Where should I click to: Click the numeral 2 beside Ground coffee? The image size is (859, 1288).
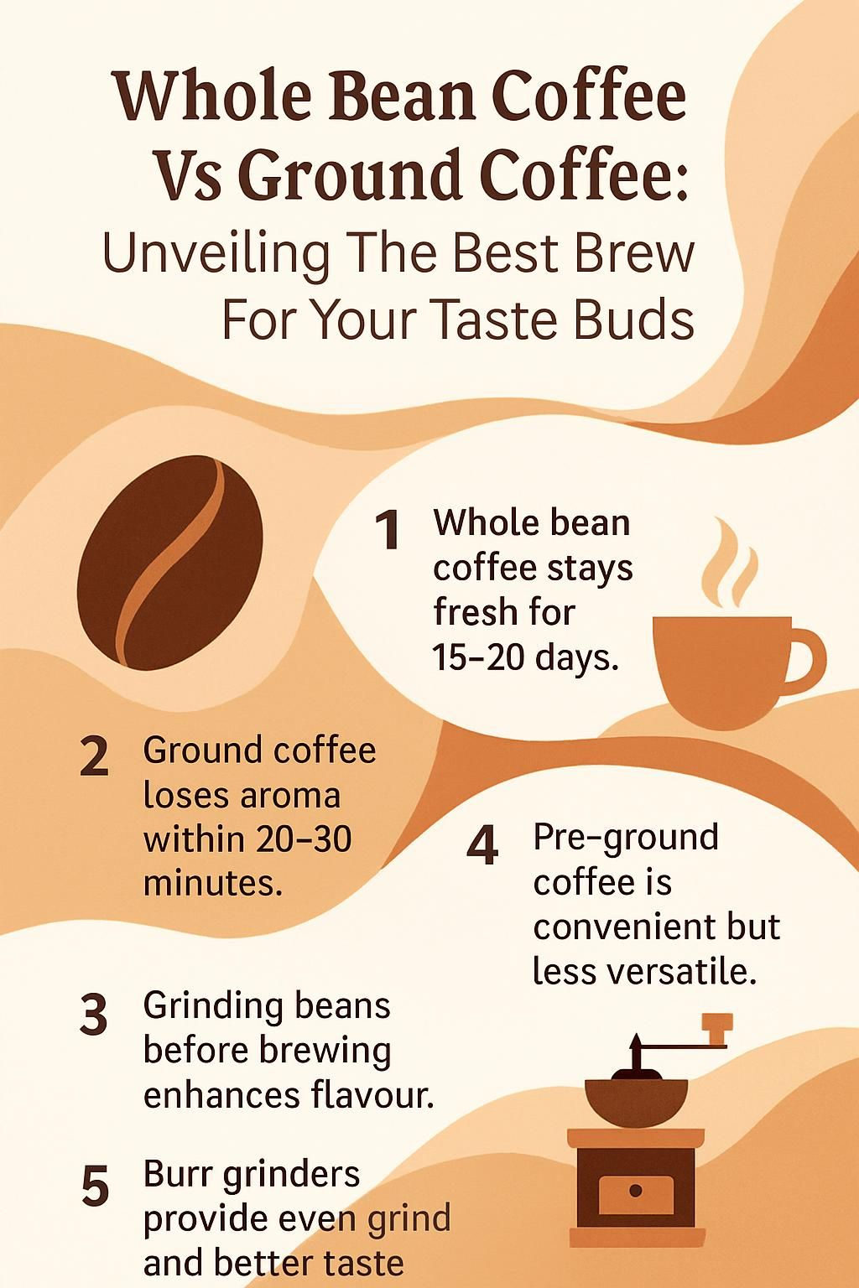(94, 756)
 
